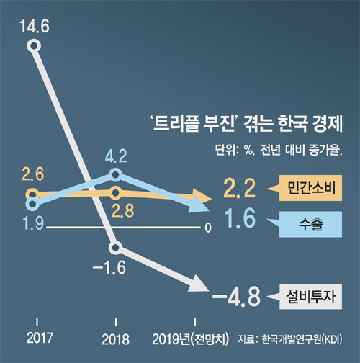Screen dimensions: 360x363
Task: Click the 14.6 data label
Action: pyautogui.click(x=35, y=26)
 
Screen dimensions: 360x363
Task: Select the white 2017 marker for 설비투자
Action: pyautogui.click(x=34, y=46)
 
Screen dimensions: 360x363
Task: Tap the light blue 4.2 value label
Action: pyautogui.click(x=116, y=156)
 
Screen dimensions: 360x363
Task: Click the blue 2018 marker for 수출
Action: pyautogui.click(x=116, y=175)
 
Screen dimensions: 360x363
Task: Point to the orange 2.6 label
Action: pyautogui.click(x=33, y=174)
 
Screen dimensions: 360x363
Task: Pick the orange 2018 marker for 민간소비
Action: pyautogui.click(x=116, y=192)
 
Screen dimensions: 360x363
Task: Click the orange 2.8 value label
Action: pyautogui.click(x=123, y=211)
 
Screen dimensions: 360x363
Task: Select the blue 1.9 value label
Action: pyautogui.click(x=33, y=223)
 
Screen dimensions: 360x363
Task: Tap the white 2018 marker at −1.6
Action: pyautogui.click(x=115, y=248)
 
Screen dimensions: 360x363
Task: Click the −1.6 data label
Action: pyautogui.click(x=109, y=268)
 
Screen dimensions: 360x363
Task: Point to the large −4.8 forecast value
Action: pyautogui.click(x=236, y=297)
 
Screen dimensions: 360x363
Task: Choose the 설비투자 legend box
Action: pyautogui.click(x=310, y=297)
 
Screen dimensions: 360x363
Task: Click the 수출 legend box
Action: pyautogui.click(x=310, y=224)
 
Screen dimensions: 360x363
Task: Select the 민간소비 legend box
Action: pyautogui.click(x=310, y=188)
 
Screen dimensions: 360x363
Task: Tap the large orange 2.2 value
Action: pyautogui.click(x=239, y=189)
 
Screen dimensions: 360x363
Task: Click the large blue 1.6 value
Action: pyautogui.click(x=240, y=218)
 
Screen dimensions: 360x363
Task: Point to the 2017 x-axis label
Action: pyautogui.click(x=40, y=338)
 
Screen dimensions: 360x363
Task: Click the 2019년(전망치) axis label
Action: pyautogui.click(x=190, y=339)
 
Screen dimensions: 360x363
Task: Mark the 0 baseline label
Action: pyautogui.click(x=208, y=228)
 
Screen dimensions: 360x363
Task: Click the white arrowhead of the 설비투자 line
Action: pyautogui.click(x=198, y=284)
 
